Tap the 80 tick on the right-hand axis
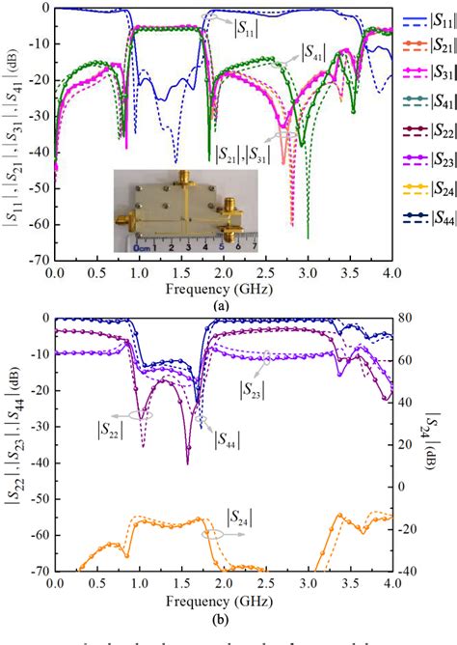pos(405,319)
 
